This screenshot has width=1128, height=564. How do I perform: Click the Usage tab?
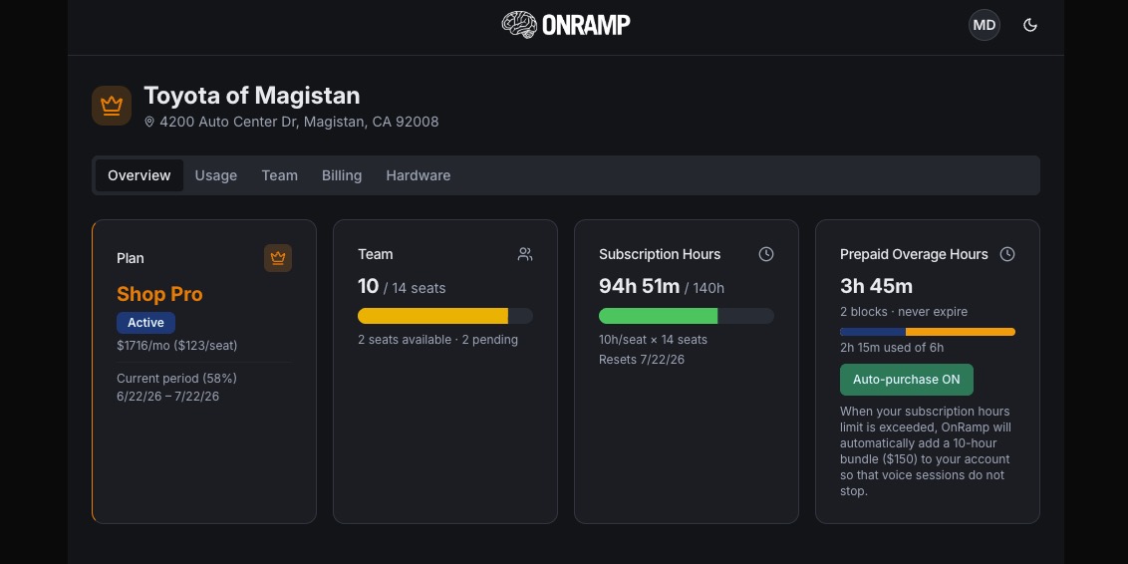coord(216,175)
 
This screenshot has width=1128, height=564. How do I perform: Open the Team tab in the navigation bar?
coord(279,175)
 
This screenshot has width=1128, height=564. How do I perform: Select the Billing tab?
coord(342,175)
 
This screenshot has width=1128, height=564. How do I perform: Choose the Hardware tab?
coord(418,175)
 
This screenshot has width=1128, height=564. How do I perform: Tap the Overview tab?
coord(139,175)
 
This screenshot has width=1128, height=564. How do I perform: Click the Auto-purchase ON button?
coord(907,380)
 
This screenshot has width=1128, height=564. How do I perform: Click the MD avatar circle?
coord(985,25)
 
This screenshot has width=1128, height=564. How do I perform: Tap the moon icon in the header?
coord(1030,25)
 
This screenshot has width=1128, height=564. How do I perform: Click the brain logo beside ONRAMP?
coord(519,25)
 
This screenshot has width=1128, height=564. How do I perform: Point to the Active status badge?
coord(146,322)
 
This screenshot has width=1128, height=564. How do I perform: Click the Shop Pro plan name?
coord(159,294)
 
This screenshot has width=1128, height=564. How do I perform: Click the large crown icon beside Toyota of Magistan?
coord(112,106)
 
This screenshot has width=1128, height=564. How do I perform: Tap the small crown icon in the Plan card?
coord(278,258)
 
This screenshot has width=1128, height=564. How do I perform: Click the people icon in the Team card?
coord(525,254)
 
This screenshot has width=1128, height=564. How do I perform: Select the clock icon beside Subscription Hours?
coord(766,254)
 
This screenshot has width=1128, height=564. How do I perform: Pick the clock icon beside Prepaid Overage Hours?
coord(1007,254)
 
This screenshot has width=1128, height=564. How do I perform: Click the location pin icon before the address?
coord(149,122)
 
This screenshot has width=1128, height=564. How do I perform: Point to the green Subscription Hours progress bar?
coord(659,316)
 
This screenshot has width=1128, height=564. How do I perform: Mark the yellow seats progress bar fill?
coord(433,316)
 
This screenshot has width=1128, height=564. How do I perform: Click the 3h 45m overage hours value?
coord(876,286)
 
